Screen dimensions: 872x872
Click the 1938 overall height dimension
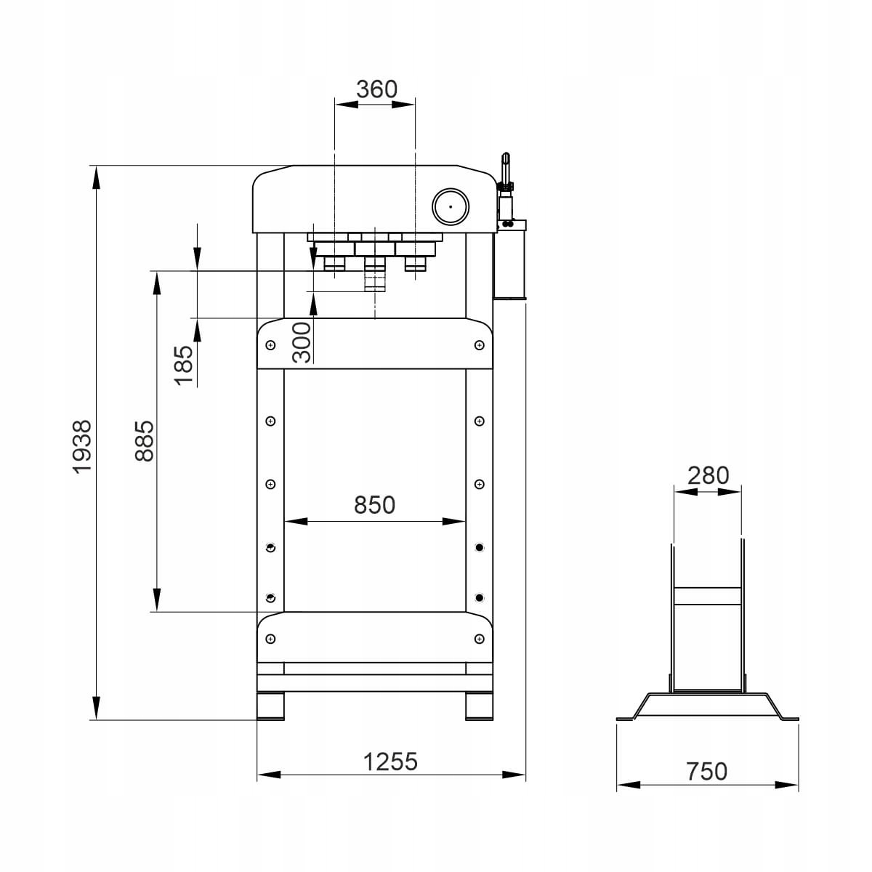(x=82, y=447)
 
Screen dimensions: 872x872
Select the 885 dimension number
(x=145, y=441)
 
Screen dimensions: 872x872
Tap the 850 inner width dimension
(x=374, y=504)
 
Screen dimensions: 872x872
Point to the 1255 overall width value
(x=390, y=762)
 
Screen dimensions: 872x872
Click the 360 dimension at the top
(x=376, y=89)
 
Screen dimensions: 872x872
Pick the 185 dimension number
(x=184, y=366)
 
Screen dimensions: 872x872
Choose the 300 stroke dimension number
(x=302, y=342)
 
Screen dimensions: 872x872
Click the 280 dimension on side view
(x=708, y=475)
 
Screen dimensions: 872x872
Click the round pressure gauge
(x=451, y=206)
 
